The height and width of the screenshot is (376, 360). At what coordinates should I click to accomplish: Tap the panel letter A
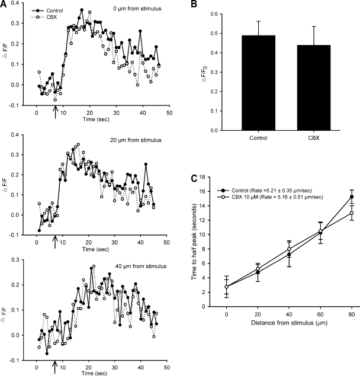(4, 4)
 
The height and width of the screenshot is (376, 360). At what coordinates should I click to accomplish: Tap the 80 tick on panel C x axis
(352, 313)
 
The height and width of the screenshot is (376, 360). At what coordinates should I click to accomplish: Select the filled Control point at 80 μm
(352, 197)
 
